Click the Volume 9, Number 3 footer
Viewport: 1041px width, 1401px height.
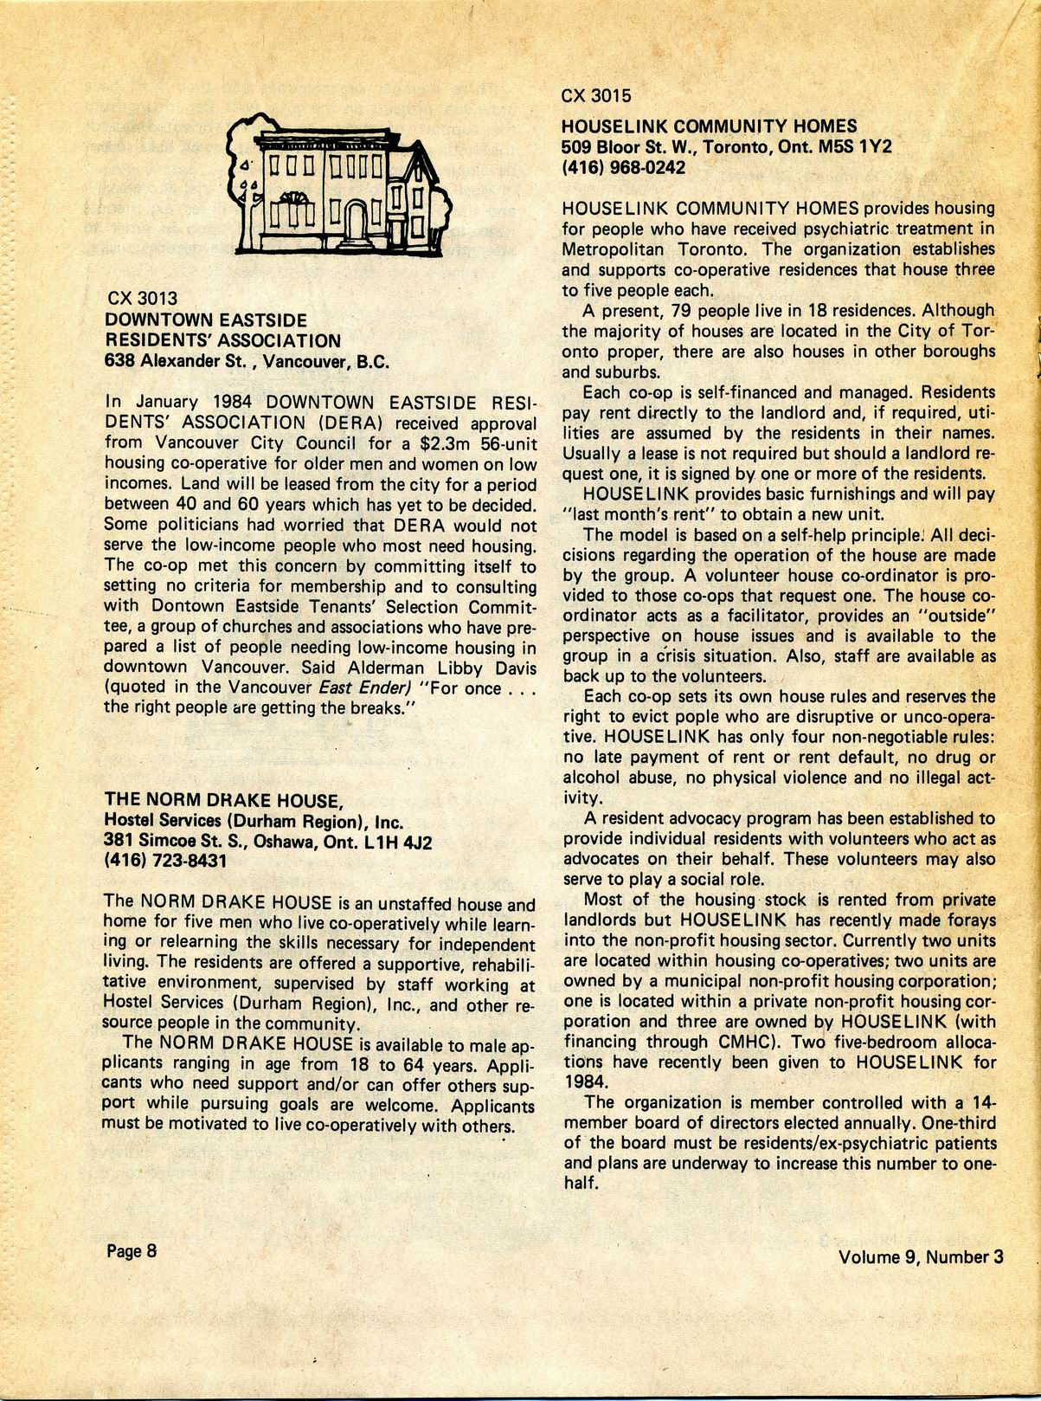[921, 1257]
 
